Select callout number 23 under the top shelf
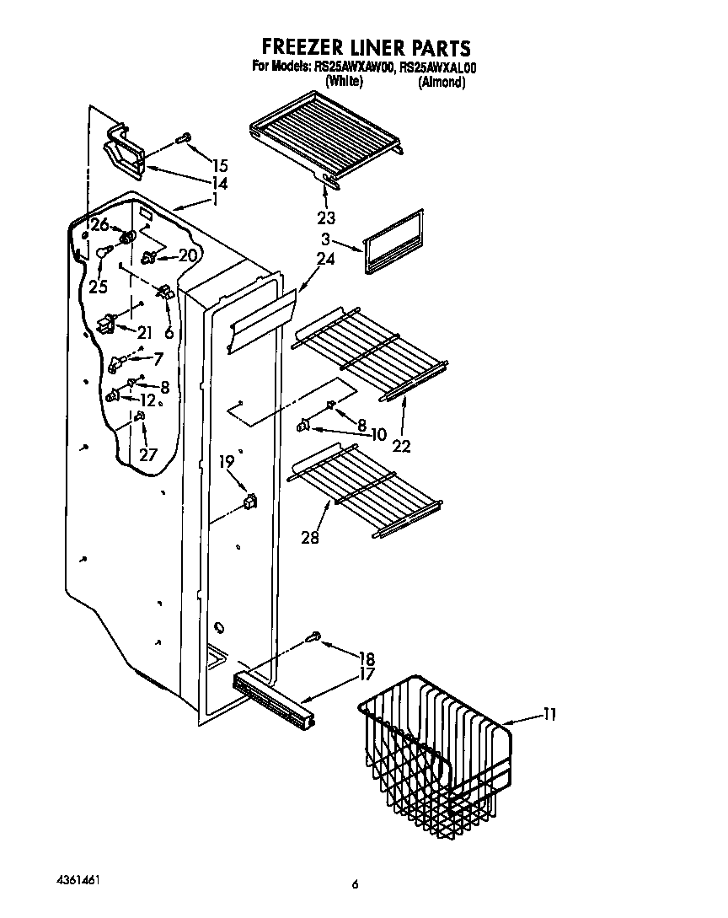pos(326,217)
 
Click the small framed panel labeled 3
pos(393,242)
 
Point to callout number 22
pos(402,446)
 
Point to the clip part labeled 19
pos(249,503)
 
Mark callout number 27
pos(148,454)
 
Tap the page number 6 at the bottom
pos(355,884)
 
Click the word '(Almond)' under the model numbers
pos(442,83)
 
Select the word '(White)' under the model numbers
pos(344,83)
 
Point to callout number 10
pos(377,434)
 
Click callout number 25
pos(98,287)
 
